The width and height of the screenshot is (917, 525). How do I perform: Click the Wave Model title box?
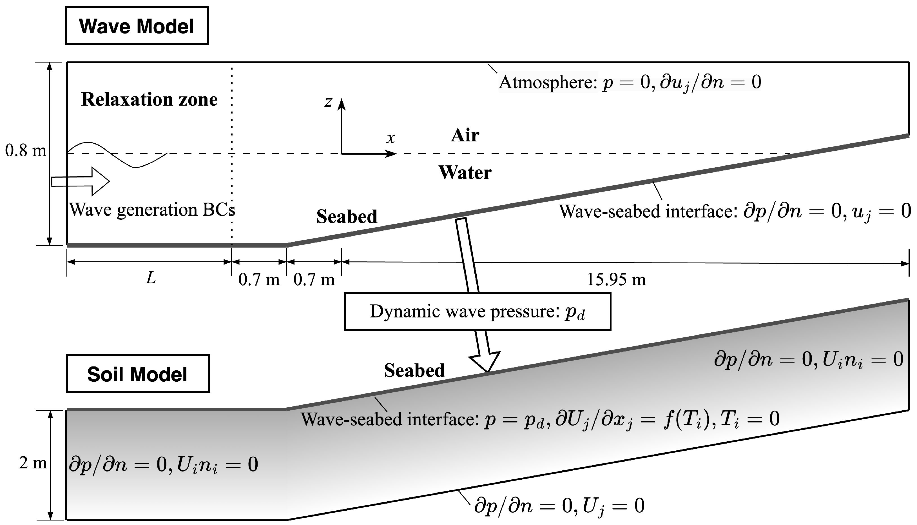[x=137, y=26]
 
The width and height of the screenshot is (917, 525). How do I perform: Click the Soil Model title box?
[x=137, y=374]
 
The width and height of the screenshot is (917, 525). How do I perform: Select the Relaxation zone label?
[x=149, y=99]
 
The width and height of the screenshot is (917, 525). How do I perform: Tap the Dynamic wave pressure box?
[x=477, y=312]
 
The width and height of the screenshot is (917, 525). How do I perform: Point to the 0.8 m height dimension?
[x=26, y=150]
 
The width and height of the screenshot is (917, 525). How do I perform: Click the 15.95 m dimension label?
[x=616, y=280]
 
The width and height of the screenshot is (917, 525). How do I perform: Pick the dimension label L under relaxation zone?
[x=151, y=278]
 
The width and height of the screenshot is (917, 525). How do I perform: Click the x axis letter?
[x=391, y=138]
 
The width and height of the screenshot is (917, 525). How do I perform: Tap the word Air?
[x=465, y=135]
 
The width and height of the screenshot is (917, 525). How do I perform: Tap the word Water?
[x=465, y=173]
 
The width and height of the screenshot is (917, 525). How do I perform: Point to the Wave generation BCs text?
[x=152, y=210]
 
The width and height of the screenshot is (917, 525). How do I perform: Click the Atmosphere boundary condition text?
[x=629, y=83]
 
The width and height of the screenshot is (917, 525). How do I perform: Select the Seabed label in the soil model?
[x=414, y=370]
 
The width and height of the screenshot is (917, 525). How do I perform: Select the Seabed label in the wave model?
[x=347, y=217]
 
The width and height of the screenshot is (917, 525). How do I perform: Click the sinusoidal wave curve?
[x=119, y=155]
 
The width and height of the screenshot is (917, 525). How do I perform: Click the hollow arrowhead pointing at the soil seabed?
[x=485, y=361]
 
